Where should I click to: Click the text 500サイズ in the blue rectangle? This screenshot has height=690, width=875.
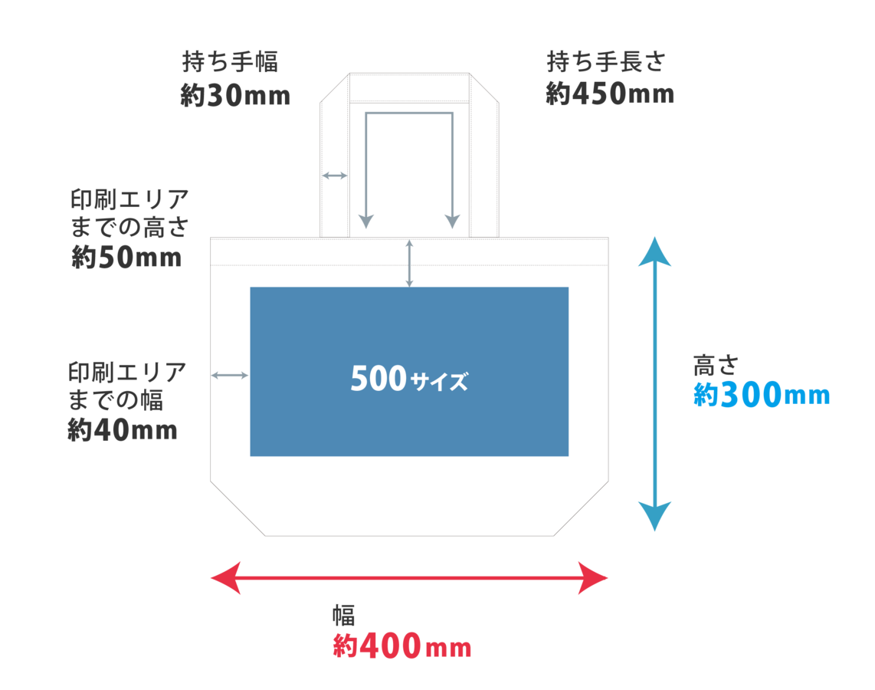pyautogui.click(x=408, y=379)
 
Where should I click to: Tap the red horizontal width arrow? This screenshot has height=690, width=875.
pyautogui.click(x=409, y=577)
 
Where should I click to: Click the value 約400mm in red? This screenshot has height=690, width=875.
pyautogui.click(x=401, y=647)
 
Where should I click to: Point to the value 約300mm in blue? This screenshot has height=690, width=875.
pyautogui.click(x=762, y=396)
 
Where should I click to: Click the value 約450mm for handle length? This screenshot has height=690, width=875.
pyautogui.click(x=609, y=94)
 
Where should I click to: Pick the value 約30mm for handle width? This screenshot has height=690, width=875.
pyautogui.click(x=235, y=96)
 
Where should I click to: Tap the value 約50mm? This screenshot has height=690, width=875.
pyautogui.click(x=126, y=257)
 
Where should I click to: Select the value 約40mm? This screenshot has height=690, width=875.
pyautogui.click(x=123, y=431)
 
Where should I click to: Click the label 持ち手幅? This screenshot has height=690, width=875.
pyautogui.click(x=228, y=62)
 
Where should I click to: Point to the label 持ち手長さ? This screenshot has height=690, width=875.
pyautogui.click(x=605, y=61)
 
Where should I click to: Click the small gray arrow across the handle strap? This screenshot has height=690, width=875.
pyautogui.click(x=334, y=176)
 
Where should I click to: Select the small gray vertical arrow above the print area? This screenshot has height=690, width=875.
pyautogui.click(x=409, y=264)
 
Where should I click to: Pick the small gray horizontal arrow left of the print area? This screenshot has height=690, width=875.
pyautogui.click(x=230, y=375)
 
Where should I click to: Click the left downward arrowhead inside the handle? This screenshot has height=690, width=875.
pyautogui.click(x=366, y=220)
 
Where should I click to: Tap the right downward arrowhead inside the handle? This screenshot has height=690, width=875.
pyautogui.click(x=453, y=220)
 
